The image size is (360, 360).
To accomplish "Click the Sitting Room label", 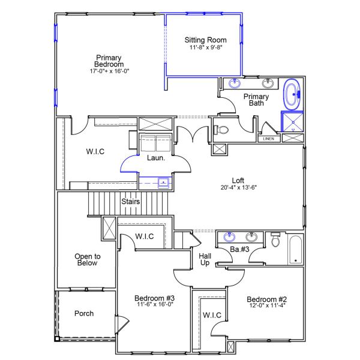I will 205,40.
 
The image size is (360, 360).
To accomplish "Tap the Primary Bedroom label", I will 109,61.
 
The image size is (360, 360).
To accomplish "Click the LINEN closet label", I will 269,139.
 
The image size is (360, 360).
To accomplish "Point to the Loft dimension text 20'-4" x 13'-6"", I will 238,187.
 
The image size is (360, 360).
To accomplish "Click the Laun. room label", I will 156,158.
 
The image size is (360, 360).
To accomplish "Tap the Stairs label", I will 130,202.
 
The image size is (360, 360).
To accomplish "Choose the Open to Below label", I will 87,259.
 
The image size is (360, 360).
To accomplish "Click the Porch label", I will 84,313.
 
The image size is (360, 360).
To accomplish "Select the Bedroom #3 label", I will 154,299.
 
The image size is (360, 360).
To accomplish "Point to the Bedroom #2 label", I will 266,299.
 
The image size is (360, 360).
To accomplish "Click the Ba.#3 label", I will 240,249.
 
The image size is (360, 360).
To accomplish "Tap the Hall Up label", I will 205,259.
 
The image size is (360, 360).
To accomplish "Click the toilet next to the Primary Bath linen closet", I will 221,130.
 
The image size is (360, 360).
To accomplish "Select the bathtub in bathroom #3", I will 295,250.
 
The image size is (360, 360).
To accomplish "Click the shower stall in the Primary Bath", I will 292,122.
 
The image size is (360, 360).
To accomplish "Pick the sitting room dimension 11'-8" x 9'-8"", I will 206,47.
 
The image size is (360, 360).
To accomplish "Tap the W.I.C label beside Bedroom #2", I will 212,315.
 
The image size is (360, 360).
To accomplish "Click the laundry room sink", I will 163,182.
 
